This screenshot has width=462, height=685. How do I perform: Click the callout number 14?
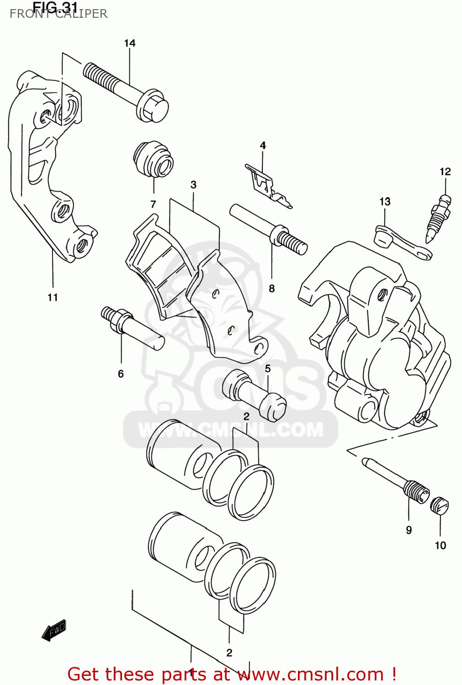click(130, 43)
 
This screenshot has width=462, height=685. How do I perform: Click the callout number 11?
click(53, 297)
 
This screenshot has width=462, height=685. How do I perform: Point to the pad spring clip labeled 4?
click(267, 185)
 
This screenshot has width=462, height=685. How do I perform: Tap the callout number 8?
click(272, 288)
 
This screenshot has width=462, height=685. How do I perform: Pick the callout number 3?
click(193, 184)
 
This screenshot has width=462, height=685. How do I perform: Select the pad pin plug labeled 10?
click(440, 506)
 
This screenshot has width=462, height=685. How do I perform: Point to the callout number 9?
click(409, 530)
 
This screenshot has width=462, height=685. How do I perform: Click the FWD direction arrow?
click(54, 630)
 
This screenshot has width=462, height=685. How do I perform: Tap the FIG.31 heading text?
click(55, 7)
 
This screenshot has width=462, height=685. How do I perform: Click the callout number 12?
click(445, 171)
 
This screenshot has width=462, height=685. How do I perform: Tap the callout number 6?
click(121, 374)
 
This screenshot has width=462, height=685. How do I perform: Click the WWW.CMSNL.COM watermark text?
click(231, 430)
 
